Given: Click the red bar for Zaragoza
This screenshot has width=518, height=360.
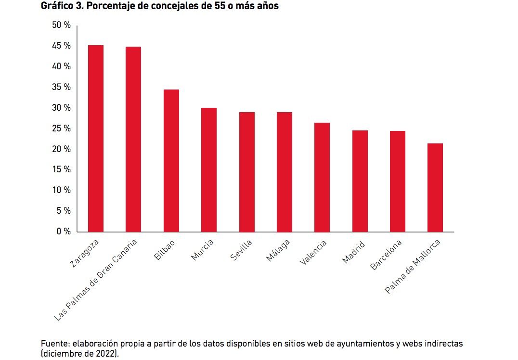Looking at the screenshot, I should pyautogui.click(x=95, y=139).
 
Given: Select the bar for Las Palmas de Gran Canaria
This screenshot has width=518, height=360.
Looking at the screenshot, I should pyautogui.click(x=133, y=139).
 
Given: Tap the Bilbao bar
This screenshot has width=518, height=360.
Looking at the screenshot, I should pyautogui.click(x=171, y=161).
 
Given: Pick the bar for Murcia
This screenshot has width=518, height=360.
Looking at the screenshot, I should pyautogui.click(x=208, y=170).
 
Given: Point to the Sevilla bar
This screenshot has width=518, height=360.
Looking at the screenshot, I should pyautogui.click(x=246, y=172).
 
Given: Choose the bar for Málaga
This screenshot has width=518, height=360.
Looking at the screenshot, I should pyautogui.click(x=284, y=172).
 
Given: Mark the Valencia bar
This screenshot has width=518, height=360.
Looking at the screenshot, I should pyautogui.click(x=322, y=177).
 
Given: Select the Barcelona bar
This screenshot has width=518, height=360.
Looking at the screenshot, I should pyautogui.click(x=397, y=181).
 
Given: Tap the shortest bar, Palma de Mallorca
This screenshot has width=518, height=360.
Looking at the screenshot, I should pyautogui.click(x=435, y=188).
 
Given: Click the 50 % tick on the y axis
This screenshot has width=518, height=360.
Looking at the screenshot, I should pyautogui.click(x=61, y=25).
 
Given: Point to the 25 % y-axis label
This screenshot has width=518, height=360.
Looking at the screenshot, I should pyautogui.click(x=61, y=129).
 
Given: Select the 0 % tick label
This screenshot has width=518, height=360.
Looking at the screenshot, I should pyautogui.click(x=63, y=231).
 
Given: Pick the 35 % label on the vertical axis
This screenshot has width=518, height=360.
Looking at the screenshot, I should pyautogui.click(x=61, y=87).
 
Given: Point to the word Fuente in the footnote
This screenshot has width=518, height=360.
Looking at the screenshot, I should pyautogui.click(x=54, y=344).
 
